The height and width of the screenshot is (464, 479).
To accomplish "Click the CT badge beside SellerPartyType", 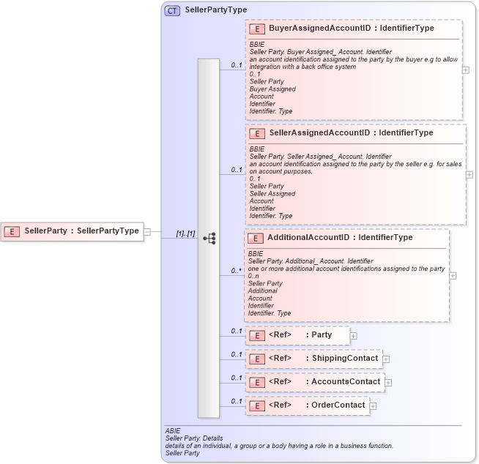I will [173, 10].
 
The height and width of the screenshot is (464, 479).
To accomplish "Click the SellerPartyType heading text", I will [216, 10].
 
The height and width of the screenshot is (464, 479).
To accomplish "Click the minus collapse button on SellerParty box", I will [147, 231].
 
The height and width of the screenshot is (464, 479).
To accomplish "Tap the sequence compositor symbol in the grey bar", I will [209, 238].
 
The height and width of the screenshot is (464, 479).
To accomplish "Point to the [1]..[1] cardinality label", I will [185, 233].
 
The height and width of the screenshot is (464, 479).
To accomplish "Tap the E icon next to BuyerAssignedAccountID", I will [257, 29].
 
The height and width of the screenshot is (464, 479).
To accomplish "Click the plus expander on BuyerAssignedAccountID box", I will [466, 70].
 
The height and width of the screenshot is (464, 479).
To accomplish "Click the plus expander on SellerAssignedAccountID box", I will [469, 175].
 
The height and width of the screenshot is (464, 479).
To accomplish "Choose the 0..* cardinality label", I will [236, 271].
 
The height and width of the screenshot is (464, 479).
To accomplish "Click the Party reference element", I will [298, 335].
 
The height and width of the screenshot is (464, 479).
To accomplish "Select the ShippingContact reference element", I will [313, 359].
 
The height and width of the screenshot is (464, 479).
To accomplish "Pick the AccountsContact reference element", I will [314, 382].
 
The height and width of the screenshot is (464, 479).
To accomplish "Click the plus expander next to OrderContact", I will [374, 405].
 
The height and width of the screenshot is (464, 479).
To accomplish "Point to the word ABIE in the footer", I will [173, 431].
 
